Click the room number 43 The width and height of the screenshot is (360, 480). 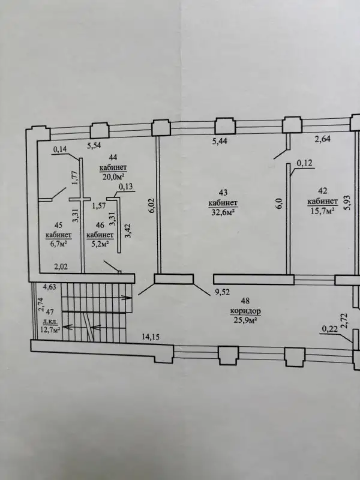[x=223, y=193]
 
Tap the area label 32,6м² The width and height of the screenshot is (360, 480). [x=223, y=212]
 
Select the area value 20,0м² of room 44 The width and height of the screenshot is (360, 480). [x=113, y=176]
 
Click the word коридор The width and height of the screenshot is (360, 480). [x=245, y=311]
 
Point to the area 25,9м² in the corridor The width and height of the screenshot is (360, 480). [x=245, y=320]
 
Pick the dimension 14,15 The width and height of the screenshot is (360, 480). [x=151, y=337]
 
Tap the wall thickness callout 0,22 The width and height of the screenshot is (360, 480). [x=329, y=329]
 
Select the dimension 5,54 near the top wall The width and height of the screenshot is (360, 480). [x=94, y=146]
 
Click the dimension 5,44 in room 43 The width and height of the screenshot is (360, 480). [x=220, y=141]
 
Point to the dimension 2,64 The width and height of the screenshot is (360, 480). [x=323, y=139]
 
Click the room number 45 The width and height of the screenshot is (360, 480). [x=58, y=226]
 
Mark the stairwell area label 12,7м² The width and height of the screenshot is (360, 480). [x=50, y=329]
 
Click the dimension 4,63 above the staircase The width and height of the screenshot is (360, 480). [x=49, y=287]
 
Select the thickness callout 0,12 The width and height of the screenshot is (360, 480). [x=305, y=163]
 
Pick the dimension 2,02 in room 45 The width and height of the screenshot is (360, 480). [x=61, y=266]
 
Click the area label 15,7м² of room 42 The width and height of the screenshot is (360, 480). [x=321, y=211]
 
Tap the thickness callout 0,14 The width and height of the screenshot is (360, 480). [x=60, y=149]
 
